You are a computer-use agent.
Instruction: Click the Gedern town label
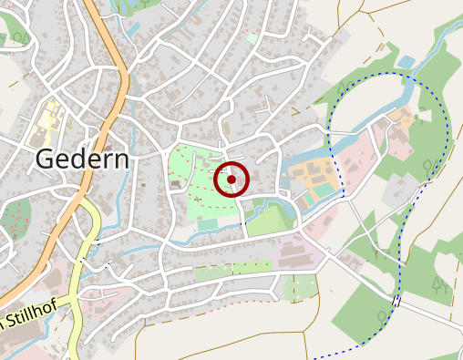coord(82,159)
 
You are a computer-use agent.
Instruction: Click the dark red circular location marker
coord(231,180)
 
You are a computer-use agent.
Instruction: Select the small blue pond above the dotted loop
coord(406,62)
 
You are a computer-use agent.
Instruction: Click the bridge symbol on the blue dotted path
coord(396,301)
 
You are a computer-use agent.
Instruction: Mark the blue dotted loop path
coord(448,137)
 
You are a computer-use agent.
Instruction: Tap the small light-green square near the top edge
coord(252,39)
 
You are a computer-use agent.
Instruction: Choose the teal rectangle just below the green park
coord(209,222)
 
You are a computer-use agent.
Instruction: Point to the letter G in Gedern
coord(45,159)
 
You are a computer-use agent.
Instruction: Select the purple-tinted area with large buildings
coord(292,251)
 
